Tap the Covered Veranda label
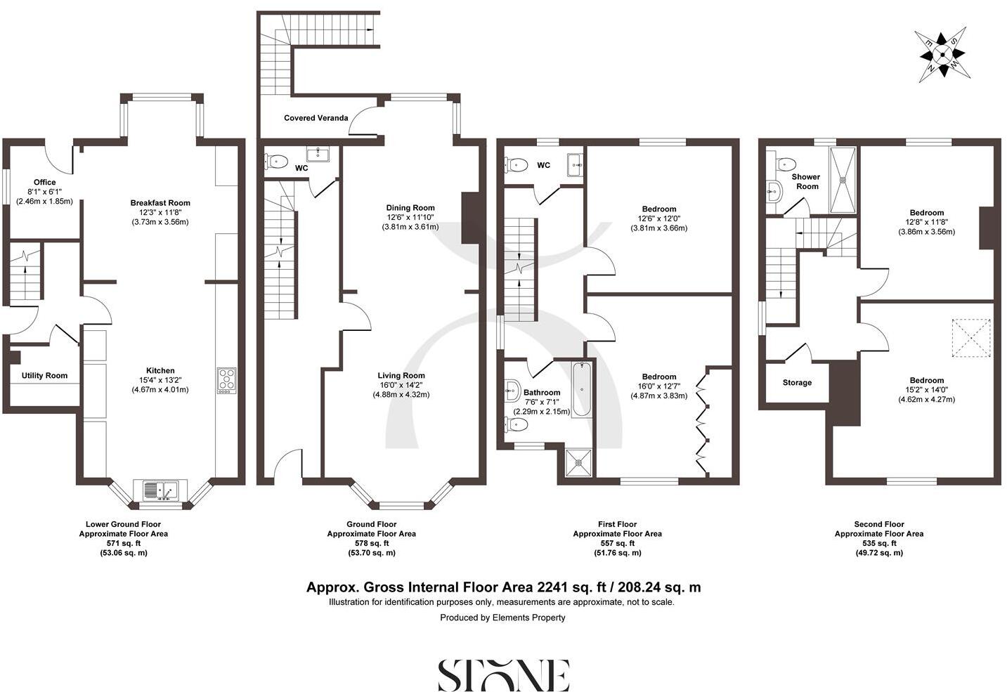coord(316,118)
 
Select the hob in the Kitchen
coord(226,380)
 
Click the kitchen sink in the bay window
coord(161,489)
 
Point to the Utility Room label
coord(44,376)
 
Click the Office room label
coord(44,183)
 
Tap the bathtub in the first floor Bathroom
coord(582,389)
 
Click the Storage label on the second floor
coord(797,383)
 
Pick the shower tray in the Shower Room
coord(843,180)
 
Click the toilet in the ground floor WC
coord(277,162)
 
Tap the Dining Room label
coord(410,208)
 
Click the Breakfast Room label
coord(160,203)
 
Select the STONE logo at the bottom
coord(503,675)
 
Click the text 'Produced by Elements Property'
coord(502,618)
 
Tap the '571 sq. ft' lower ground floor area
coord(123,544)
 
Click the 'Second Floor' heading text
coord(878,524)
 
